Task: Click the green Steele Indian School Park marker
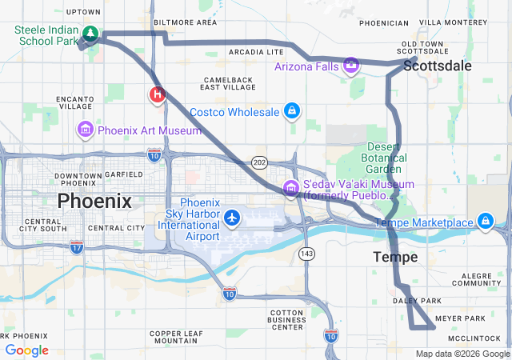click(x=90, y=34)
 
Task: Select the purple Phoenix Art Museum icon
click(x=85, y=130)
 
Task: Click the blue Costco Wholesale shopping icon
click(x=292, y=111)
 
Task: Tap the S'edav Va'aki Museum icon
click(x=290, y=189)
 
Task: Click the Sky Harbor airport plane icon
click(x=232, y=217)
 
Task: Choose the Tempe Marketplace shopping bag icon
click(x=485, y=221)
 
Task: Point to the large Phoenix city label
click(x=94, y=200)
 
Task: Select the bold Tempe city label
click(x=395, y=257)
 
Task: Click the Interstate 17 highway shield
click(x=76, y=246)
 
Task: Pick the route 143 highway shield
click(x=307, y=253)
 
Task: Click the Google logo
click(x=26, y=350)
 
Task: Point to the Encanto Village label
click(x=75, y=102)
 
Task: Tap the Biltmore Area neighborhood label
click(x=185, y=22)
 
